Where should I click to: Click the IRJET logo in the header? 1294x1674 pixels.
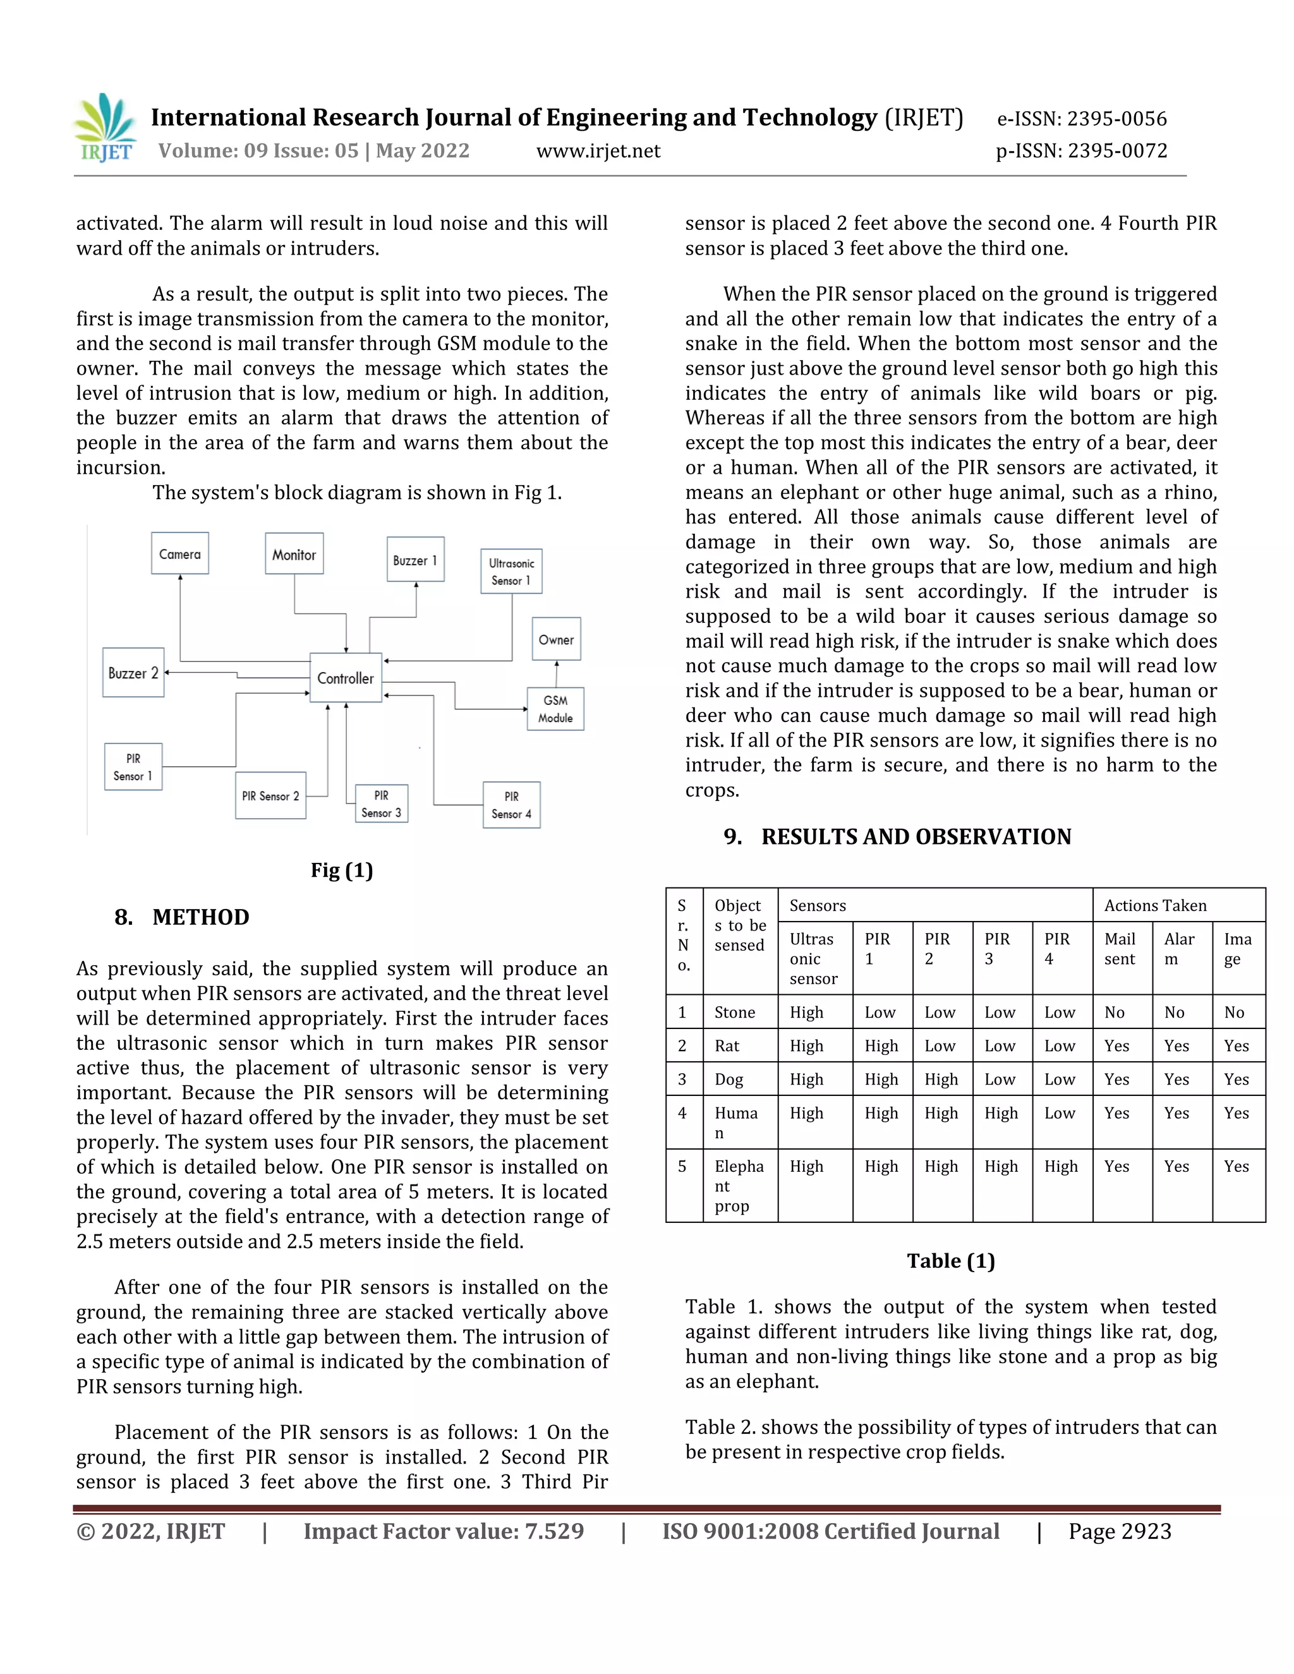point(106,128)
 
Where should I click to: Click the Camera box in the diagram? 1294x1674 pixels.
point(179,553)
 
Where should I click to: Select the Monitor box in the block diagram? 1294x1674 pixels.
point(294,554)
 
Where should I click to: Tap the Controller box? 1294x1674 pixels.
point(346,678)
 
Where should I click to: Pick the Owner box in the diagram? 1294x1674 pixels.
point(556,639)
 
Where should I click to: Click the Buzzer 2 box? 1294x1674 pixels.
point(133,673)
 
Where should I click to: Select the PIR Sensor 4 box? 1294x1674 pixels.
point(511,805)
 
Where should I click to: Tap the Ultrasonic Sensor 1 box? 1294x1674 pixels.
point(511,572)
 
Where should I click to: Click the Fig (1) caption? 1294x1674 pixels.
point(342,870)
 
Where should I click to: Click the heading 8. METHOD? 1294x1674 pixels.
point(183,917)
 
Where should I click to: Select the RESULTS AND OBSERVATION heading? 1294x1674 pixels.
point(898,836)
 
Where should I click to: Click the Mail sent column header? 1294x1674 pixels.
point(1120,949)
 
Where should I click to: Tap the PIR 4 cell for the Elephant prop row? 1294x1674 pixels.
point(1061,1167)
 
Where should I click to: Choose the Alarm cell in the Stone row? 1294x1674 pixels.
point(1175,1012)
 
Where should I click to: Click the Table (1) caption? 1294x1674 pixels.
point(950,1261)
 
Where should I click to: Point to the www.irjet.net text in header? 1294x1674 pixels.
point(598,151)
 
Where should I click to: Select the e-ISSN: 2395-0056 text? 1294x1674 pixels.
point(1082,119)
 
